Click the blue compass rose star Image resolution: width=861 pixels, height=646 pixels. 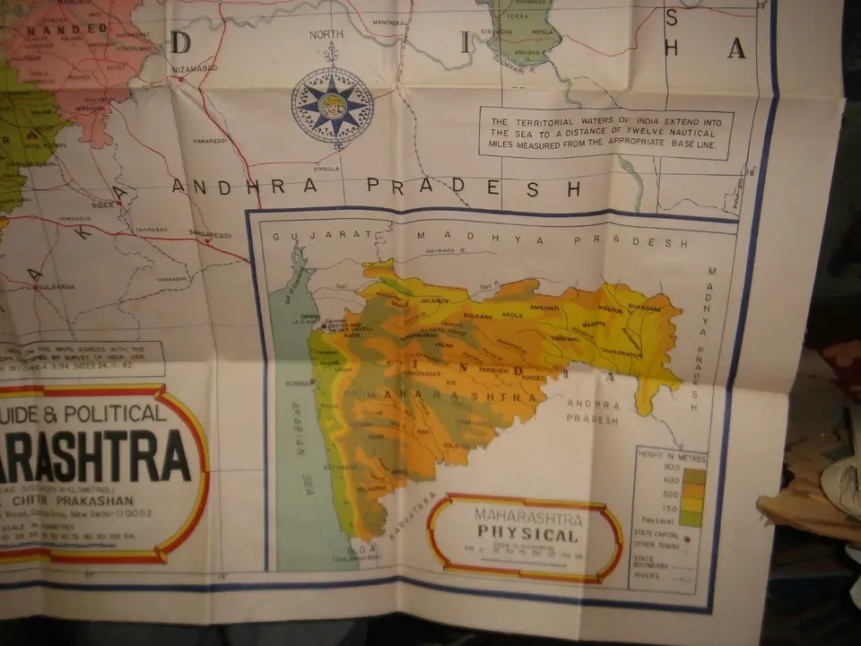coord(332,104)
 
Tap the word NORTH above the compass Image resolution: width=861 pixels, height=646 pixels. coord(326,35)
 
